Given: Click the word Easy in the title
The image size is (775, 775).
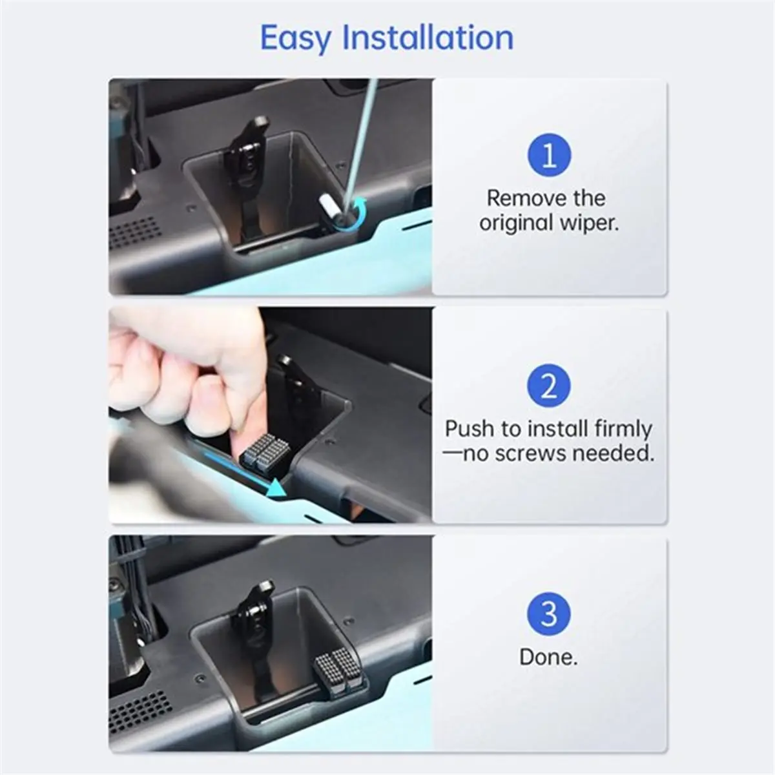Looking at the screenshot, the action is click(296, 39).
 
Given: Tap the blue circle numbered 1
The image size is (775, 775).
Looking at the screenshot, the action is click(549, 155).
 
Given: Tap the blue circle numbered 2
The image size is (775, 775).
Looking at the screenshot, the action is click(548, 386).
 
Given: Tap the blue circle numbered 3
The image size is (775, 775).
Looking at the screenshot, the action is click(548, 614).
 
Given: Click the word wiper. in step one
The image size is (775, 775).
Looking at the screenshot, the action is click(589, 223).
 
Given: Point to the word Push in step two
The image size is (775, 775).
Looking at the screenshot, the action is click(470, 429).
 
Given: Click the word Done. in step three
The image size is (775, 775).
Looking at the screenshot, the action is click(548, 657).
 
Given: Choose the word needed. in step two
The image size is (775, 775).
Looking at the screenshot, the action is click(614, 453).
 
